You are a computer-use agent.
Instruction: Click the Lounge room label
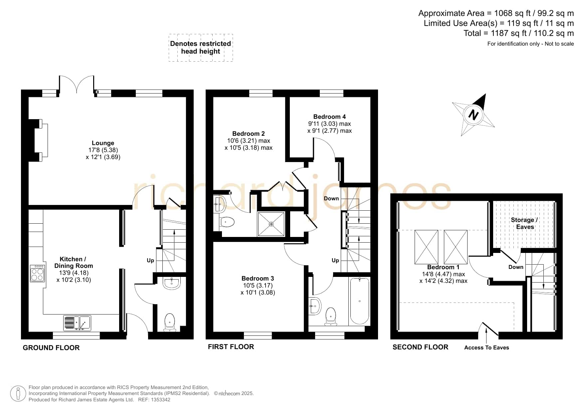tap(103, 143)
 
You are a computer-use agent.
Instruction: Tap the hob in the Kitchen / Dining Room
tap(37, 273)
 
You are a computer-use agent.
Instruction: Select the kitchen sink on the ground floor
tap(77, 323)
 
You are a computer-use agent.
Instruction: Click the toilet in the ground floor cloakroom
tap(170, 322)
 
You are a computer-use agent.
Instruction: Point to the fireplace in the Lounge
tap(39, 140)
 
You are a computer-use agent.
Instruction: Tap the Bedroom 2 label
tap(249, 133)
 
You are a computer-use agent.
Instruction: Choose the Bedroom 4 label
tap(329, 116)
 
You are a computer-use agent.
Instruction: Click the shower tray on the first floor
tap(271, 224)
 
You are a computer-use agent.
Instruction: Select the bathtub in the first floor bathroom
tap(359, 301)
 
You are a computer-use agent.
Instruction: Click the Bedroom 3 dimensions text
tap(258, 289)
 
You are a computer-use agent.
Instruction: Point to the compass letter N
tap(473, 115)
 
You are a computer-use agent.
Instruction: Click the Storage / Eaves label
tap(525, 223)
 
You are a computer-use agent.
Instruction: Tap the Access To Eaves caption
tap(487, 347)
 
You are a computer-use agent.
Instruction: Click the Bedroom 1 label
tap(443, 267)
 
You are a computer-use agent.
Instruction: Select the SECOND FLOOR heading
tap(420, 347)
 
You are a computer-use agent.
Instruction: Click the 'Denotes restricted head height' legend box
tap(201, 48)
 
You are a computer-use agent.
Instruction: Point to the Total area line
tap(519, 33)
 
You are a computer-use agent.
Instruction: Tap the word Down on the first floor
tap(331, 198)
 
